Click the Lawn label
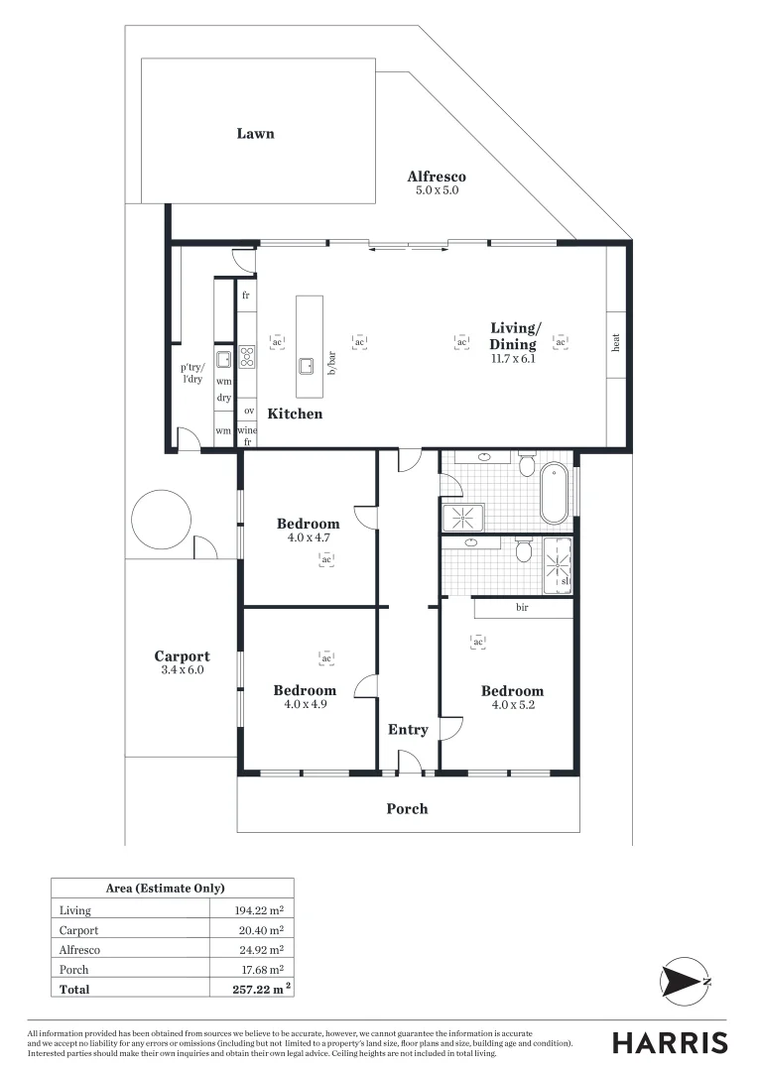tap(255, 134)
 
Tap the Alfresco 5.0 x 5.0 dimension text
tap(437, 189)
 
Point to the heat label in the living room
tap(616, 344)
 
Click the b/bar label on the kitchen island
tap(332, 363)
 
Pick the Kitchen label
tap(295, 414)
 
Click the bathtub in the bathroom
tap(555, 491)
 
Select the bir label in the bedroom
tap(522, 607)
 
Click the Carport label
tap(182, 656)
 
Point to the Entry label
tap(408, 730)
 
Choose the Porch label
tap(407, 808)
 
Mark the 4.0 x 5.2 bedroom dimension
tap(512, 705)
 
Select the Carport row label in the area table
tap(80, 930)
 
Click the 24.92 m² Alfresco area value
tap(259, 950)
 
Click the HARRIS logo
tap(669, 1042)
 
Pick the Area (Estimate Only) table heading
tap(165, 889)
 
